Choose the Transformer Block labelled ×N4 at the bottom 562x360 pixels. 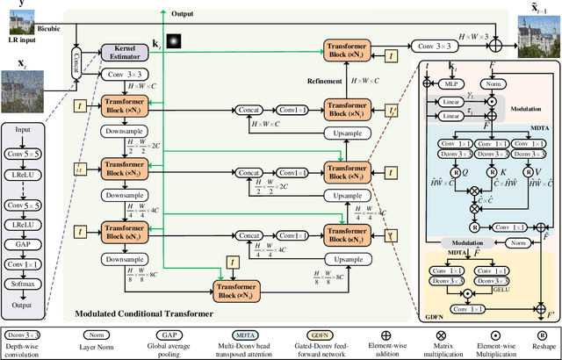click(239, 292)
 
